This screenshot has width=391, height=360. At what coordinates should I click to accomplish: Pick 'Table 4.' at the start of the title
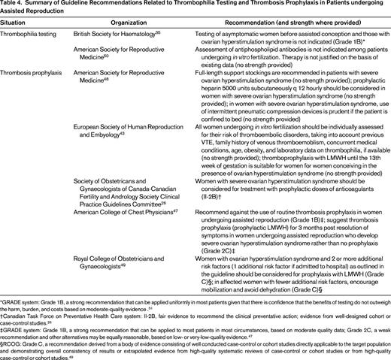(13, 5)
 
